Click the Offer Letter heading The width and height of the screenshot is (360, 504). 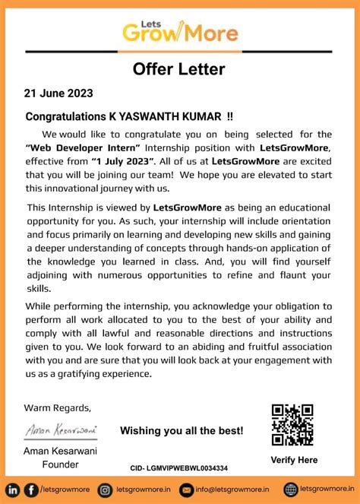click(179, 69)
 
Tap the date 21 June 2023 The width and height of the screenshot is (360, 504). click(58, 94)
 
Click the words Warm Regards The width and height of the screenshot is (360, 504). click(58, 407)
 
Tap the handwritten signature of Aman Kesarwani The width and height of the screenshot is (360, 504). click(61, 430)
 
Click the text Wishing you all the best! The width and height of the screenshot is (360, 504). click(182, 431)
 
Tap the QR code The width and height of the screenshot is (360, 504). click(292, 424)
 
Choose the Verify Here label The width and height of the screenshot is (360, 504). click(294, 460)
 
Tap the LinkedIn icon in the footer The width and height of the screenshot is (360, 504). click(14, 490)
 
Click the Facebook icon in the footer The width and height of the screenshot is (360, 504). click(31, 490)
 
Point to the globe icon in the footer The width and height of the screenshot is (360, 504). click(290, 490)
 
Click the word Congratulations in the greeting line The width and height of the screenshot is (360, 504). click(66, 117)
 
